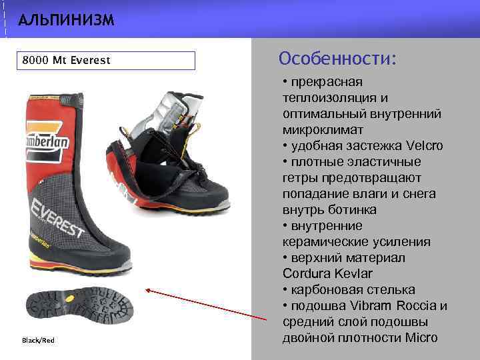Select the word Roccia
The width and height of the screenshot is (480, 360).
417,306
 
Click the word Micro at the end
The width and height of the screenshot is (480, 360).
421,337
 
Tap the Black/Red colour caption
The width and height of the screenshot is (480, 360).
39,341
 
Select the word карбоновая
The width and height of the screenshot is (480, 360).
325,290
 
